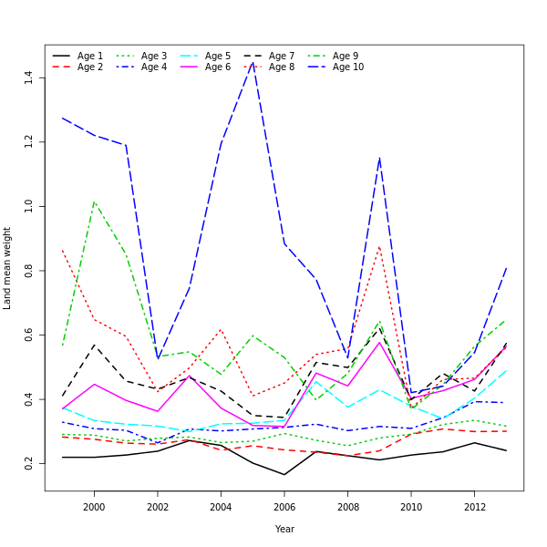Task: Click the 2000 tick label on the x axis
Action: (94, 506)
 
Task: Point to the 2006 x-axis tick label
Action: (284, 506)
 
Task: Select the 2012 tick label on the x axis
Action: (474, 506)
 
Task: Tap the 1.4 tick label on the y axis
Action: (29, 77)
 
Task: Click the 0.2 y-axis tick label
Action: (29, 465)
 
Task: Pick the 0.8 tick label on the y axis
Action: (29, 271)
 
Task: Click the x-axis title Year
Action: (284, 529)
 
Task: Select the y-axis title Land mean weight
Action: (8, 268)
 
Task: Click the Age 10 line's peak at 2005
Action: (253, 62)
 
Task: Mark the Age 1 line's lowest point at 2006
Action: (284, 474)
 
